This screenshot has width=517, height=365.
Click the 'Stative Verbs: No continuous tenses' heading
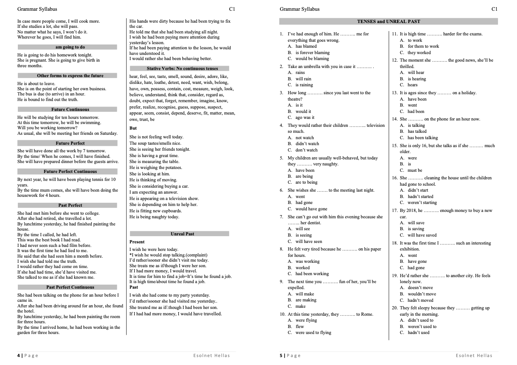click(179, 68)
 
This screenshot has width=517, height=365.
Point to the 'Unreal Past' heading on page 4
click(179, 234)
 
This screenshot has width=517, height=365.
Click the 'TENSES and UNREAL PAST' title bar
click(388, 21)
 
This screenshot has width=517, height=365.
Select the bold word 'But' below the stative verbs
click(133, 128)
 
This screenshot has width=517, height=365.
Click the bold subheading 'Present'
click(137, 242)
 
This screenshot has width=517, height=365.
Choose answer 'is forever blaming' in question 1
click(312, 52)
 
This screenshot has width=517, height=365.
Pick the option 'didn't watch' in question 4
click(307, 144)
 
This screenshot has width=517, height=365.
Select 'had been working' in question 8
click(312, 274)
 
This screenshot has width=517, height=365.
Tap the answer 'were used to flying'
click(313, 332)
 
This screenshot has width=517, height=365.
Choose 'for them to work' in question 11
click(423, 46)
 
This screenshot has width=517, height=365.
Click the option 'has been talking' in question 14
click(422, 138)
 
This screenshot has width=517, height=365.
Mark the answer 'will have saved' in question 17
click(422, 235)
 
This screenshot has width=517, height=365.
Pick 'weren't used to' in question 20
click(422, 326)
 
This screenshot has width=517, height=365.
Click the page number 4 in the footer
click(19, 355)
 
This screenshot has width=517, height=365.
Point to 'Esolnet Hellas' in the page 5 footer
click(474, 355)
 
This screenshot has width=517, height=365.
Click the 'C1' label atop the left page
click(232, 9)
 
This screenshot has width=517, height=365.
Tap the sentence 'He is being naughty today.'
click(154, 217)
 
